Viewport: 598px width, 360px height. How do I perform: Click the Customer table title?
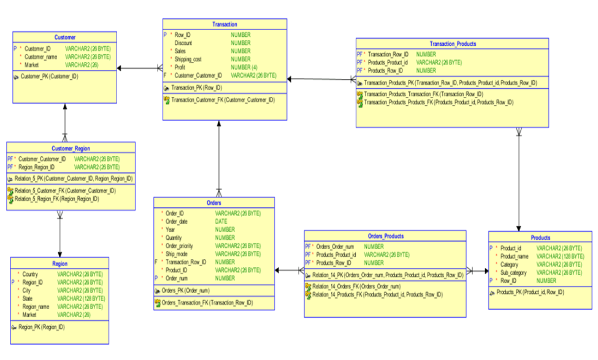point(64,37)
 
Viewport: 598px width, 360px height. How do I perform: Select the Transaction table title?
point(224,24)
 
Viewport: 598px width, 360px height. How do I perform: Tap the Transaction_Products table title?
point(453,44)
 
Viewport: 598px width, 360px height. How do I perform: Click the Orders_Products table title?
point(385,236)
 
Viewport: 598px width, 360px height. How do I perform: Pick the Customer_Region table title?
point(71,148)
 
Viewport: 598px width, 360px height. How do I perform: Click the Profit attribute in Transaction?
point(182,67)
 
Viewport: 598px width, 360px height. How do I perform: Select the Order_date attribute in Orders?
point(178,221)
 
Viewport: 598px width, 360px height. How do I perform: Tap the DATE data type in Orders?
point(221,221)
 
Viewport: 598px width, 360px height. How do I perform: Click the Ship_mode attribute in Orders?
point(178,254)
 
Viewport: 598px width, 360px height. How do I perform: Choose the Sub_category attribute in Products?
point(514,272)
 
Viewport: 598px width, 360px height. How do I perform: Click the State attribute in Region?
point(28,298)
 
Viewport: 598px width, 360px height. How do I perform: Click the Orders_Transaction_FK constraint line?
point(209,302)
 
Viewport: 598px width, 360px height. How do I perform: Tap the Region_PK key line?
point(41,327)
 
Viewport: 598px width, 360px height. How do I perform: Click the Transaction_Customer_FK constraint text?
point(213,99)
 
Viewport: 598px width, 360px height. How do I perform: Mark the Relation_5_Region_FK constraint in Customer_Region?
point(56,199)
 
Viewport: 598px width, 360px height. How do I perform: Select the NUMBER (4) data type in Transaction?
point(244,67)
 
